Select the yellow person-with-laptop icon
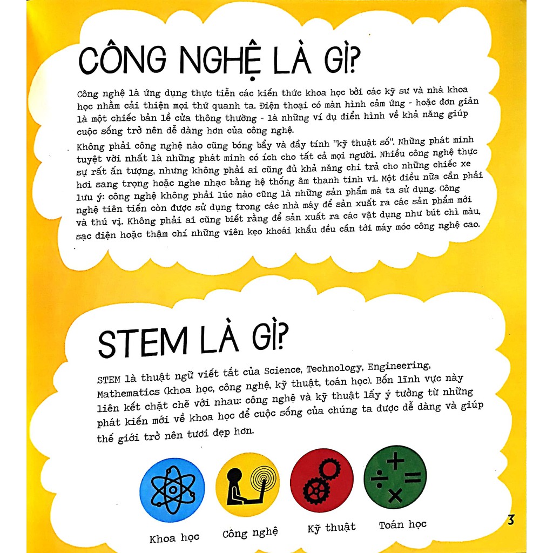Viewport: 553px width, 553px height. (x=247, y=481)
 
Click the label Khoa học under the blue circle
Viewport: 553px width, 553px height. (x=174, y=538)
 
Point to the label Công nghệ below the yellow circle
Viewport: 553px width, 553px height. (x=250, y=534)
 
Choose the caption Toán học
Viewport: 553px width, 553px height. (x=403, y=524)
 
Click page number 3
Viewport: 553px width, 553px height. (x=511, y=521)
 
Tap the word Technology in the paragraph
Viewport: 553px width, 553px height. (x=334, y=368)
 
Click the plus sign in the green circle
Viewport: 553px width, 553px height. (x=395, y=461)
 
